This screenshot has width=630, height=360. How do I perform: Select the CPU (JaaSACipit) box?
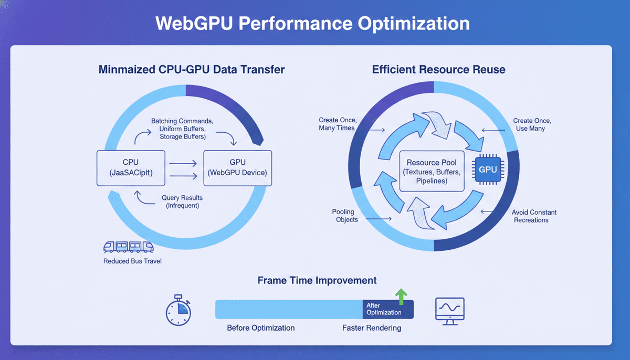click(131, 168)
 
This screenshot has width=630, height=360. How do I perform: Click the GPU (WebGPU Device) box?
click(237, 168)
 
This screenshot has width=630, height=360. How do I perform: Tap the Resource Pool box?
click(432, 172)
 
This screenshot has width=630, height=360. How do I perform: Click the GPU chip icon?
click(488, 170)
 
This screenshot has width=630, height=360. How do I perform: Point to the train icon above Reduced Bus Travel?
click(129, 247)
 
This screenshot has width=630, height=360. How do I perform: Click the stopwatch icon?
click(178, 310)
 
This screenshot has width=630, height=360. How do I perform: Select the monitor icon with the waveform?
click(450, 310)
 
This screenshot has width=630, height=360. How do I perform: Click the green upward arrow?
click(402, 296)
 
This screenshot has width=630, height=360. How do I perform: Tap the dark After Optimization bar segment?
click(387, 309)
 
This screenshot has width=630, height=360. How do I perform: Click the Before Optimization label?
click(260, 328)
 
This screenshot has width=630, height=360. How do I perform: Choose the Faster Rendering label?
click(371, 328)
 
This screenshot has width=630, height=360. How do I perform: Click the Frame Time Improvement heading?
click(317, 280)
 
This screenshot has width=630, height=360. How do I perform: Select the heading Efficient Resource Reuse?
click(438, 69)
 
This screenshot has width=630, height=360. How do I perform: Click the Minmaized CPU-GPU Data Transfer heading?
click(191, 69)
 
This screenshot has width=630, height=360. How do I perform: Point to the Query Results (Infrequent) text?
click(182, 202)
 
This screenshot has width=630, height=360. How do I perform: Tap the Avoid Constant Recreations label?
click(534, 216)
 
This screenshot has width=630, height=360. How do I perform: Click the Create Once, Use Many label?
click(532, 124)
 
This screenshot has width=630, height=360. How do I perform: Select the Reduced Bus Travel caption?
click(132, 261)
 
